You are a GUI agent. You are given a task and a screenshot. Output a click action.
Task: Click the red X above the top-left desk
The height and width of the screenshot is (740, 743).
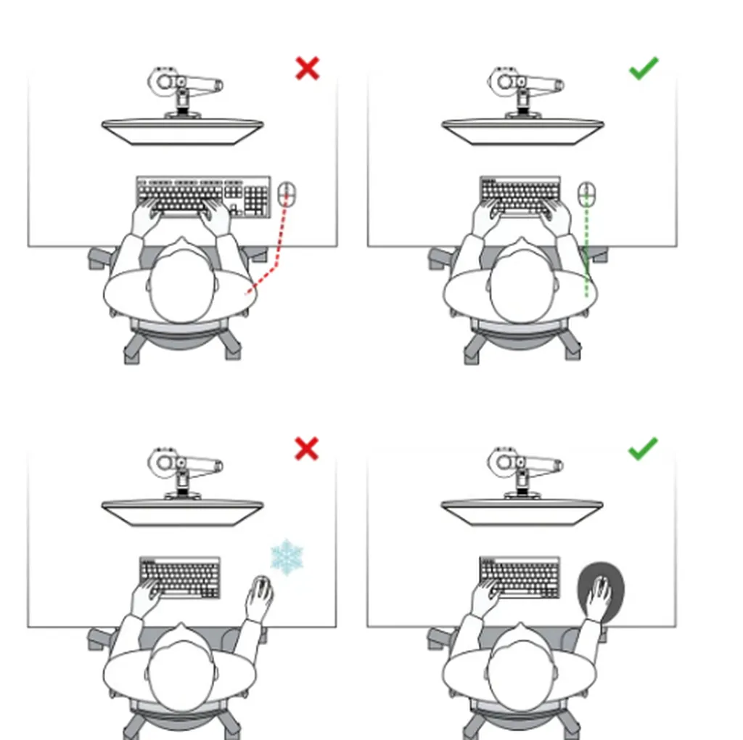point(308,69)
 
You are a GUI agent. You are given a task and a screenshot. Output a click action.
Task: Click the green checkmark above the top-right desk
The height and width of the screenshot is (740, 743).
point(643,68)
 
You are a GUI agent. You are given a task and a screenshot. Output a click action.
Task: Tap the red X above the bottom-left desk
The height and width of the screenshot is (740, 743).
point(307,449)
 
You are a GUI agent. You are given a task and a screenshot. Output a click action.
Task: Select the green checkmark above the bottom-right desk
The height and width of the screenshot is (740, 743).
point(643,449)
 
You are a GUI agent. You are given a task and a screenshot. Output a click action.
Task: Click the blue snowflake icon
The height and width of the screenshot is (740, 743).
point(287,557)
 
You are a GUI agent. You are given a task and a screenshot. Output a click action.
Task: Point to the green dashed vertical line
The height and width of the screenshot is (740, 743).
point(586,254)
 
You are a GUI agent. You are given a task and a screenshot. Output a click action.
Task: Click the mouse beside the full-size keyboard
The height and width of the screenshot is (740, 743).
point(287,194)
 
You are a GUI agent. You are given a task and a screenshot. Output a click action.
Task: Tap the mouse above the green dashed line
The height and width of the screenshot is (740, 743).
point(586,194)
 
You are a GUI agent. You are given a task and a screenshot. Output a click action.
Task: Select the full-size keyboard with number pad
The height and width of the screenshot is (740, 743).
point(203,195)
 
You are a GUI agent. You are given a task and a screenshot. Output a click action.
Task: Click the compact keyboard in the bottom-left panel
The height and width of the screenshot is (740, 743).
point(180,577)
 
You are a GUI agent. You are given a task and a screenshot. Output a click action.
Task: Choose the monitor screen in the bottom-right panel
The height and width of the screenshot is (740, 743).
point(522,512)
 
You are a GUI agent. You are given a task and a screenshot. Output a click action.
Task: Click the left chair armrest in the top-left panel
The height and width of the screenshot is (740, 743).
point(102,257)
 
